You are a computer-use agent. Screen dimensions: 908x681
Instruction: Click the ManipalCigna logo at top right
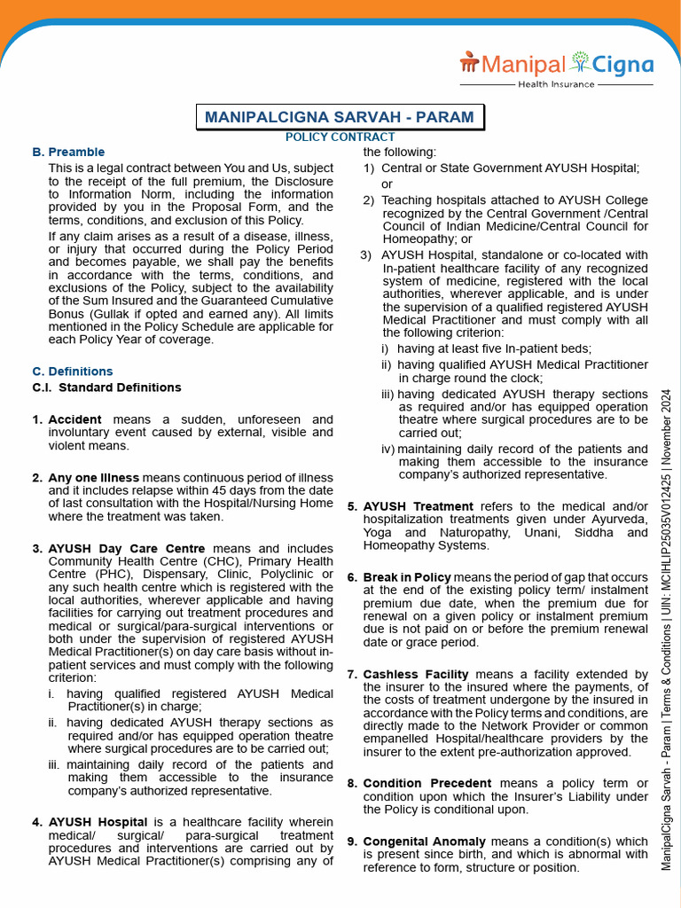click(556, 64)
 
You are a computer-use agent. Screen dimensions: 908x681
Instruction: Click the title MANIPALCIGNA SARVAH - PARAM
click(340, 117)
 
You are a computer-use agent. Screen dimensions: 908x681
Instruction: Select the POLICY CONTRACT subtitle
click(340, 137)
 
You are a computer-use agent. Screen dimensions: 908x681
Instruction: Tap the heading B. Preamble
click(68, 153)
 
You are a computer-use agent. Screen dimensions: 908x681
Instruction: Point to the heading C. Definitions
click(73, 372)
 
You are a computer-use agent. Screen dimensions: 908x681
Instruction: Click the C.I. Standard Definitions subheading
click(106, 387)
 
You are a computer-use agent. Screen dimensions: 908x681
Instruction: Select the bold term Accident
click(74, 419)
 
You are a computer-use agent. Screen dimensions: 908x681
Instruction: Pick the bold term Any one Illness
click(94, 478)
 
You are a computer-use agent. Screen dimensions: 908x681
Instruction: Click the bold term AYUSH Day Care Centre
click(127, 549)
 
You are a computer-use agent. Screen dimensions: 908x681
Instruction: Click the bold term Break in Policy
click(407, 577)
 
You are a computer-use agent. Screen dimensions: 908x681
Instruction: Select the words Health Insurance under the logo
click(556, 84)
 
